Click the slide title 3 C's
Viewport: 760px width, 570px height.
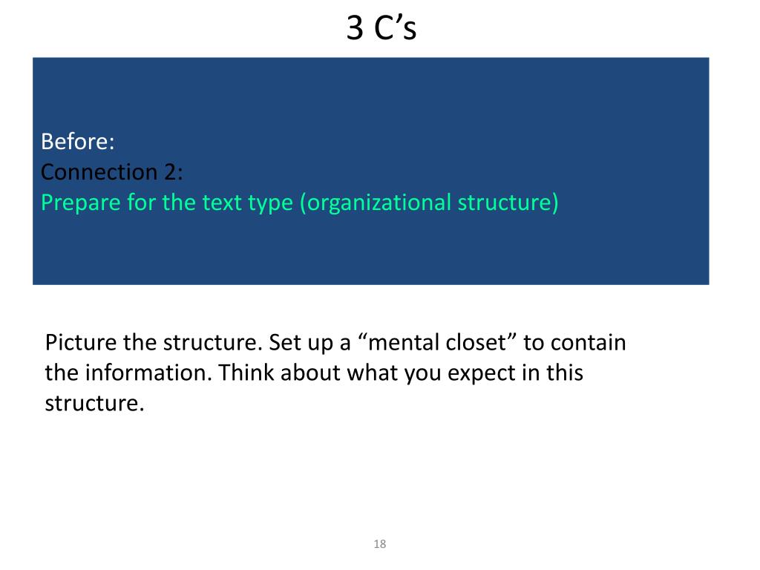coord(381,29)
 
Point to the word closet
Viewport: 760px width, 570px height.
coord(482,343)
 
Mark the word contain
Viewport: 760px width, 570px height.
coord(589,343)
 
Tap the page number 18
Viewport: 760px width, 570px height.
coord(380,545)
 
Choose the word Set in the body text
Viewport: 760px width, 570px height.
coord(283,343)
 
